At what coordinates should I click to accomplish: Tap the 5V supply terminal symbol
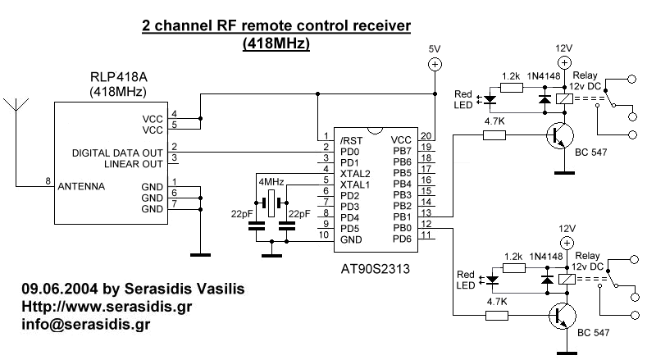pyautogui.click(x=435, y=65)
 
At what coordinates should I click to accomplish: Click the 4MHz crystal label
pyautogui.click(x=271, y=181)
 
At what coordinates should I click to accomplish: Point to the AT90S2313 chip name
pyautogui.click(x=375, y=267)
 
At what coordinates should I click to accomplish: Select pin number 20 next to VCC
pyautogui.click(x=426, y=137)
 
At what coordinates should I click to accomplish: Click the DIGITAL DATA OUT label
pyautogui.click(x=116, y=152)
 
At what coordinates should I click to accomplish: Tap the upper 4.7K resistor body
pyautogui.click(x=494, y=135)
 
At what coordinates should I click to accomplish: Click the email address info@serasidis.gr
pyautogui.click(x=85, y=324)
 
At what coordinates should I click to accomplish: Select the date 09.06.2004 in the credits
pyautogui.click(x=53, y=289)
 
